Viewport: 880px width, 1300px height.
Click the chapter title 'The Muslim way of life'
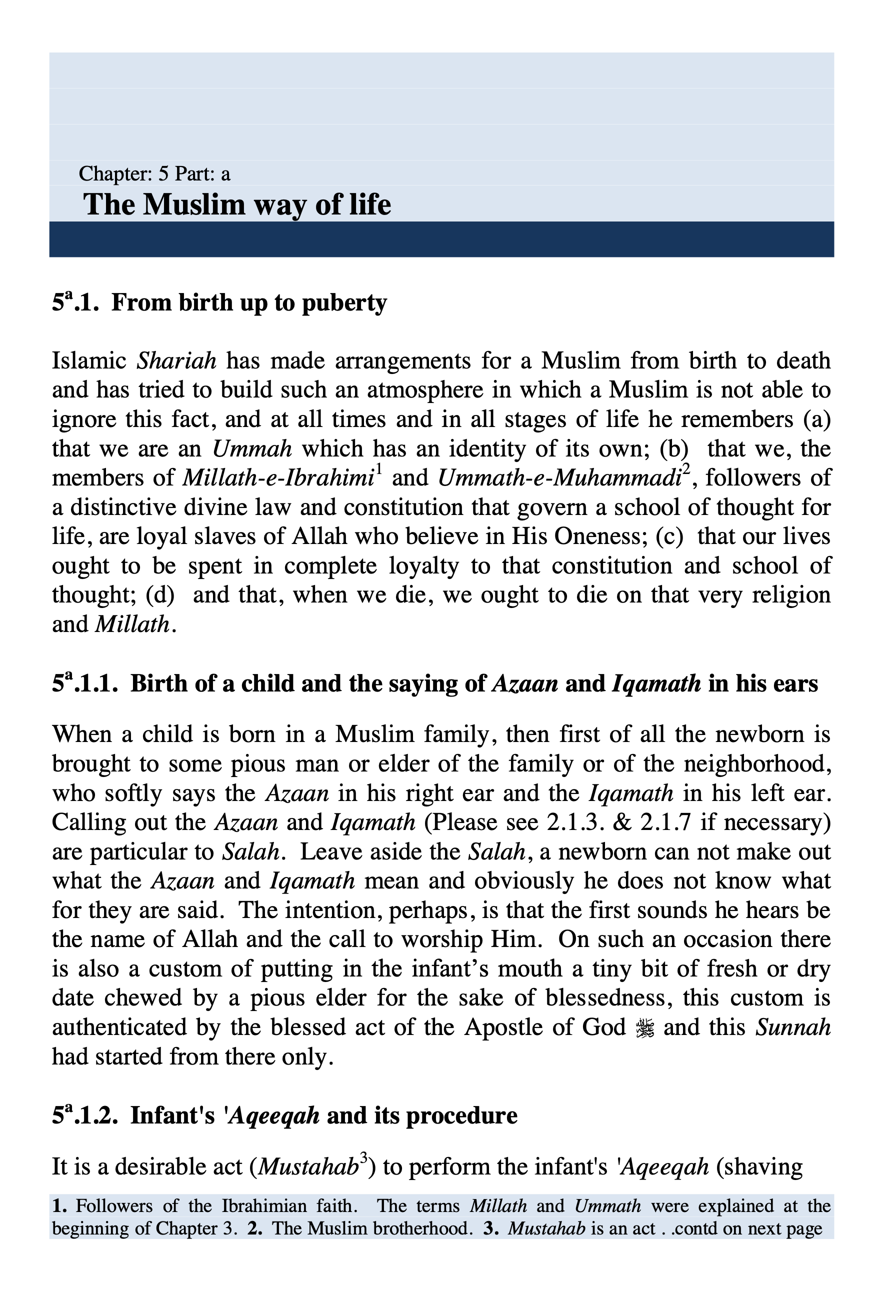236,204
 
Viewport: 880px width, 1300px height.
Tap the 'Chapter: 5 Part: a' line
154,174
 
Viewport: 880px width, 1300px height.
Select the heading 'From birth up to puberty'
249,302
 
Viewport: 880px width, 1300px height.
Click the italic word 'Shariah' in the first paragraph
176,361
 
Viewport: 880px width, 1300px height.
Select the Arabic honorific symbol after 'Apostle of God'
645,1027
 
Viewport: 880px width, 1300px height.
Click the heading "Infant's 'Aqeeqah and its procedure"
323,1115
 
